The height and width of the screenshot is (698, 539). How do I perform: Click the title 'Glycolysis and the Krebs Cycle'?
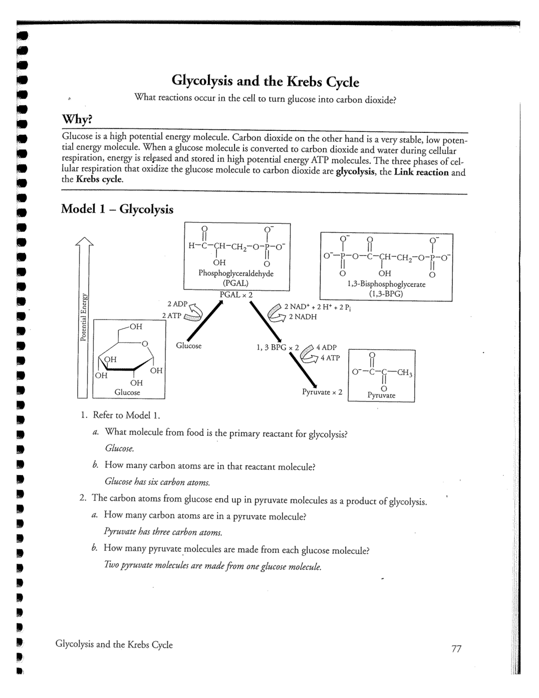coord(265,81)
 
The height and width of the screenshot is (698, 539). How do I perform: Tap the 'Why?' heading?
coord(77,120)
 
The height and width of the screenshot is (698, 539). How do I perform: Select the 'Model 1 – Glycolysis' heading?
coord(117,209)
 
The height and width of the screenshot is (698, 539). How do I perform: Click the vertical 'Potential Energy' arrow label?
coord(84,317)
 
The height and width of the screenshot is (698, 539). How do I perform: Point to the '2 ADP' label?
coord(177,304)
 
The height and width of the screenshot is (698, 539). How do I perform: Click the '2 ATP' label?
coord(171,315)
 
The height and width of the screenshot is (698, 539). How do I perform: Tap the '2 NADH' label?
coord(302,317)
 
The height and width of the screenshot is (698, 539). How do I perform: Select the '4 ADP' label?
coord(326,347)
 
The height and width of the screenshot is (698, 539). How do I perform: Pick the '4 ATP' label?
coord(330,358)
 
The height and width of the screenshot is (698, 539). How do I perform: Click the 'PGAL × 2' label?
coord(236,295)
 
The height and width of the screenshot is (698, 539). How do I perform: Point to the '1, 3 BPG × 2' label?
coord(277,348)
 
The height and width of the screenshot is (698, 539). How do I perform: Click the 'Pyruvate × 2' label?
coord(322,392)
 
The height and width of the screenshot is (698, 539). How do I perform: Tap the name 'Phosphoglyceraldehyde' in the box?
coord(236,273)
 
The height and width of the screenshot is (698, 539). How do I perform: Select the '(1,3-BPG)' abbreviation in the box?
coord(386,294)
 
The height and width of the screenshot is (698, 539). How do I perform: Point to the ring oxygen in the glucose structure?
coord(145,344)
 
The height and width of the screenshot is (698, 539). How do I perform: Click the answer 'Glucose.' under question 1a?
coord(120,449)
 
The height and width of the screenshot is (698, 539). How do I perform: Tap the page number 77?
coord(456,649)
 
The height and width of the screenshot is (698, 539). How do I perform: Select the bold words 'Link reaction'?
coord(421,172)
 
